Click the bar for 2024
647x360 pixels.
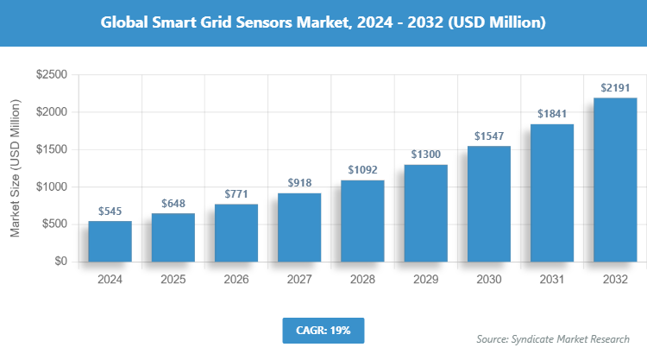(110, 241)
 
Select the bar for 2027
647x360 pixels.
(299, 227)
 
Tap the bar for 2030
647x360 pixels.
(488, 204)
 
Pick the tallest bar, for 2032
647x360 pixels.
(615, 180)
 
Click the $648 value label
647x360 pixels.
(173, 204)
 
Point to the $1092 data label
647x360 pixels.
(362, 170)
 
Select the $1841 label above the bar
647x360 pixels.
(551, 114)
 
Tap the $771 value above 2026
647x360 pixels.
(236, 194)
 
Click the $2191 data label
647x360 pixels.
(615, 88)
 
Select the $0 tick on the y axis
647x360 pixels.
(60, 261)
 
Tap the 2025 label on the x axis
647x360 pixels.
(173, 279)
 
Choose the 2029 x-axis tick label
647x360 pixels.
(425, 279)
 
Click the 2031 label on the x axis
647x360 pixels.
(551, 279)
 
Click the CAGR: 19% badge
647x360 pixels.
(323, 330)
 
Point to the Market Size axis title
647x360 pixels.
(15, 168)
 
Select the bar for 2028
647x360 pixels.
(362, 220)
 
